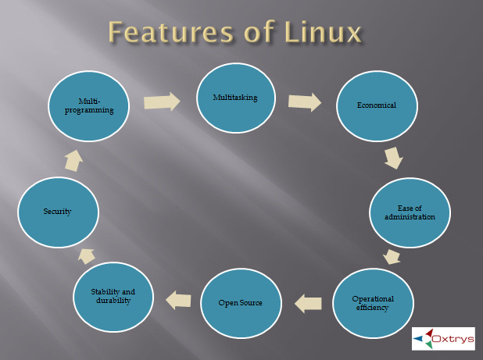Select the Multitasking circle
(x=235, y=98)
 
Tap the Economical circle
(x=376, y=105)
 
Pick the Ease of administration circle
(x=410, y=212)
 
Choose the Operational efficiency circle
(x=373, y=302)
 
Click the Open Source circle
(x=241, y=302)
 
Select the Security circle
(x=58, y=212)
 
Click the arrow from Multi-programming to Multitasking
(x=162, y=102)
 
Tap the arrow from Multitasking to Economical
(x=305, y=102)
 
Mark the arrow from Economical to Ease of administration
(x=393, y=159)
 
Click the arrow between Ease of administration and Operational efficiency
(x=392, y=257)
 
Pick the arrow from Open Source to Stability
(x=178, y=298)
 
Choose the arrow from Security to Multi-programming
(x=73, y=160)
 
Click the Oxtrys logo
(x=443, y=338)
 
